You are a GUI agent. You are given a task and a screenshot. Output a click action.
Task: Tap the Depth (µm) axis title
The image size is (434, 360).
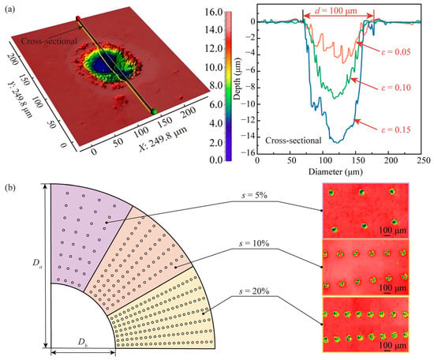tap(237, 79)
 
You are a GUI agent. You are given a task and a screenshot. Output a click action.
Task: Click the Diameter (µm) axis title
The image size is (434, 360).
tap(335, 172)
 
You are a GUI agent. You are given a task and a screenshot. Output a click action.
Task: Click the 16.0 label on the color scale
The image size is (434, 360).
tap(214, 12)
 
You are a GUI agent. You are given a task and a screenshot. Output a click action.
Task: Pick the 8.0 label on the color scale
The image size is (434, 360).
tap(216, 86)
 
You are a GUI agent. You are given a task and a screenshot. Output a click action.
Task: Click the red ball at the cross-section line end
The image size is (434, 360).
tap(78, 18)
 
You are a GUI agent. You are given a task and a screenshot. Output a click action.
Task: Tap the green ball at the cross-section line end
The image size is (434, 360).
tap(154, 111)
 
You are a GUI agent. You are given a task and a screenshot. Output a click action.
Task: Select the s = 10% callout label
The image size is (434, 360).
tap(254, 243)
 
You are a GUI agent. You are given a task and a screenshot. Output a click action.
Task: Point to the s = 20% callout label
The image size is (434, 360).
tap(254, 291)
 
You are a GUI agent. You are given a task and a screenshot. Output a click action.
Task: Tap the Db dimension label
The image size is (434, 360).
tap(83, 343)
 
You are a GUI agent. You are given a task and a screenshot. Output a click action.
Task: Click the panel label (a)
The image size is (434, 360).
tap(9, 9)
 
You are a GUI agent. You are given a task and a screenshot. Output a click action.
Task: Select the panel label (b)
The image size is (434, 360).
tap(10, 188)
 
